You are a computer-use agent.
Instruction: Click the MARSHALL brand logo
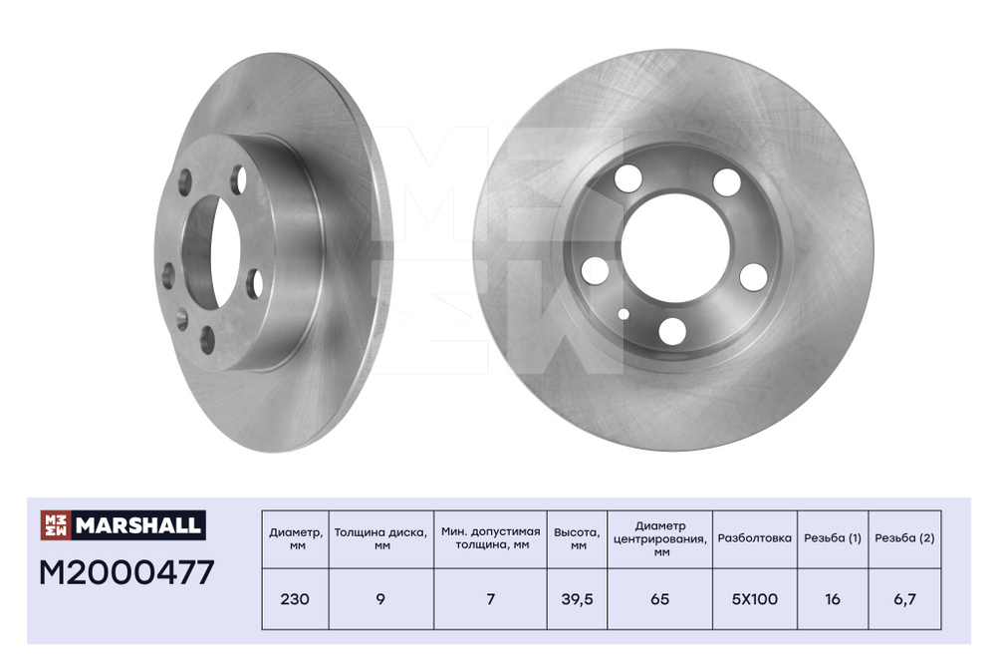[124, 525]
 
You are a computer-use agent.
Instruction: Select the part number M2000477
[127, 573]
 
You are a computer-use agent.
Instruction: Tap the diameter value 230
[295, 599]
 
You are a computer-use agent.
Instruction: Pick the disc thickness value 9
[380, 599]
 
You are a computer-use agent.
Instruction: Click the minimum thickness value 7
[490, 599]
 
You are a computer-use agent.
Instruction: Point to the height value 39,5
[577, 599]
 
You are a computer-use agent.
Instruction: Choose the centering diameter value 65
[660, 599]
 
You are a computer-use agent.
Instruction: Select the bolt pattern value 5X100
[755, 599]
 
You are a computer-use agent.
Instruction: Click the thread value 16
[832, 599]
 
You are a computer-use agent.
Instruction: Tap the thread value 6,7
[904, 599]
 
